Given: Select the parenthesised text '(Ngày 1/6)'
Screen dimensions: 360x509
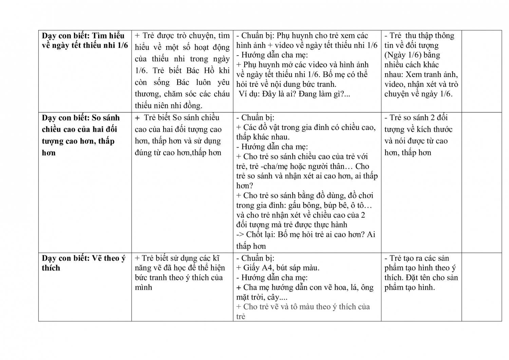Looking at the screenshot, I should click(x=403, y=55).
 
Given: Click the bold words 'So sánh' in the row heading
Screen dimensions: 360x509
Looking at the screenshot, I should click(x=106, y=118).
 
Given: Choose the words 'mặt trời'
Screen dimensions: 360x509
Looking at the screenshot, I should click(x=248, y=297).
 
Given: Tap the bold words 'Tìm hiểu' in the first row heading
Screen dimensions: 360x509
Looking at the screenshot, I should click(x=108, y=36).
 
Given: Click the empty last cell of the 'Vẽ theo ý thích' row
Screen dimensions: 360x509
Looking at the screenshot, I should click(x=482, y=287).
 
